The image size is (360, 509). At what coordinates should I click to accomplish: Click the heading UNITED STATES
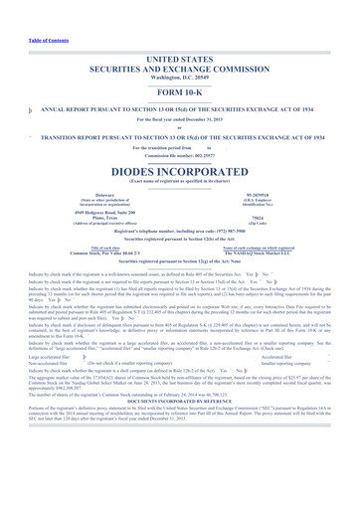click(179, 59)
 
